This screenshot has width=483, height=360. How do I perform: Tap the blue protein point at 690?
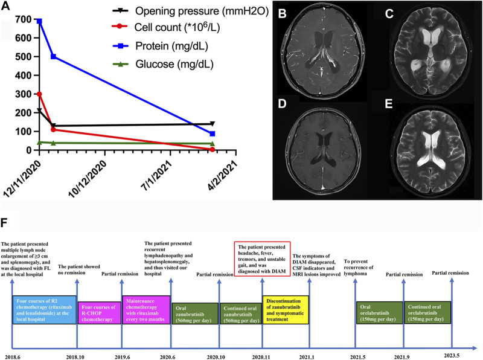point(39,21)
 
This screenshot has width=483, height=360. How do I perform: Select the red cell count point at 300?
point(39,94)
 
